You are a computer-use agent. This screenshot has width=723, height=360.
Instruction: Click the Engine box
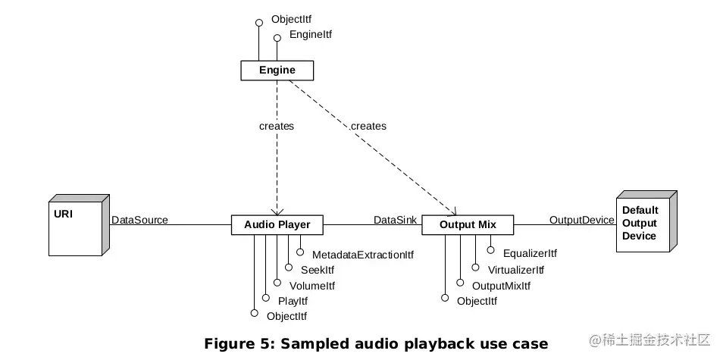tap(277, 70)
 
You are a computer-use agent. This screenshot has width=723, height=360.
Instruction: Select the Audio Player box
tap(277, 224)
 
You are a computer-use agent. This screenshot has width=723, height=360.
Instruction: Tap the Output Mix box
tap(467, 224)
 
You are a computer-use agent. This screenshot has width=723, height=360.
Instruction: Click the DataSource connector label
tap(139, 220)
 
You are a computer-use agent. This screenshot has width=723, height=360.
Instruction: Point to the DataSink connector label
tap(393, 220)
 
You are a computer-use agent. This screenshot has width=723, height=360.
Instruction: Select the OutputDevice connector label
tap(581, 220)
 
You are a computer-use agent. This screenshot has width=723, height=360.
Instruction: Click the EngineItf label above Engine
tap(311, 35)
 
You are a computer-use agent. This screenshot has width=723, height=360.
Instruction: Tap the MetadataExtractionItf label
tap(362, 255)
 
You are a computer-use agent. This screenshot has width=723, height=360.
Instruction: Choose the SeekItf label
tap(317, 270)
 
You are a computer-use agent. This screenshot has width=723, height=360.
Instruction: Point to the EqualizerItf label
tap(530, 253)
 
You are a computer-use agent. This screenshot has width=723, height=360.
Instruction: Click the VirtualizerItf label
tap(516, 270)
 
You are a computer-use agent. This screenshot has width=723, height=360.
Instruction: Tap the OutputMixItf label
tap(501, 286)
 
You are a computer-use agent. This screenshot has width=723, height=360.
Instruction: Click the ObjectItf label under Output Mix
tap(477, 301)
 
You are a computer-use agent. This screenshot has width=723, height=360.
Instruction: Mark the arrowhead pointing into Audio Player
tap(277, 211)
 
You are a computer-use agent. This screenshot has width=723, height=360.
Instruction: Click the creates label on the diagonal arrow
tap(368, 126)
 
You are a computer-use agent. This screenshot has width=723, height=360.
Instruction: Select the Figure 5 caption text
tap(376, 343)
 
